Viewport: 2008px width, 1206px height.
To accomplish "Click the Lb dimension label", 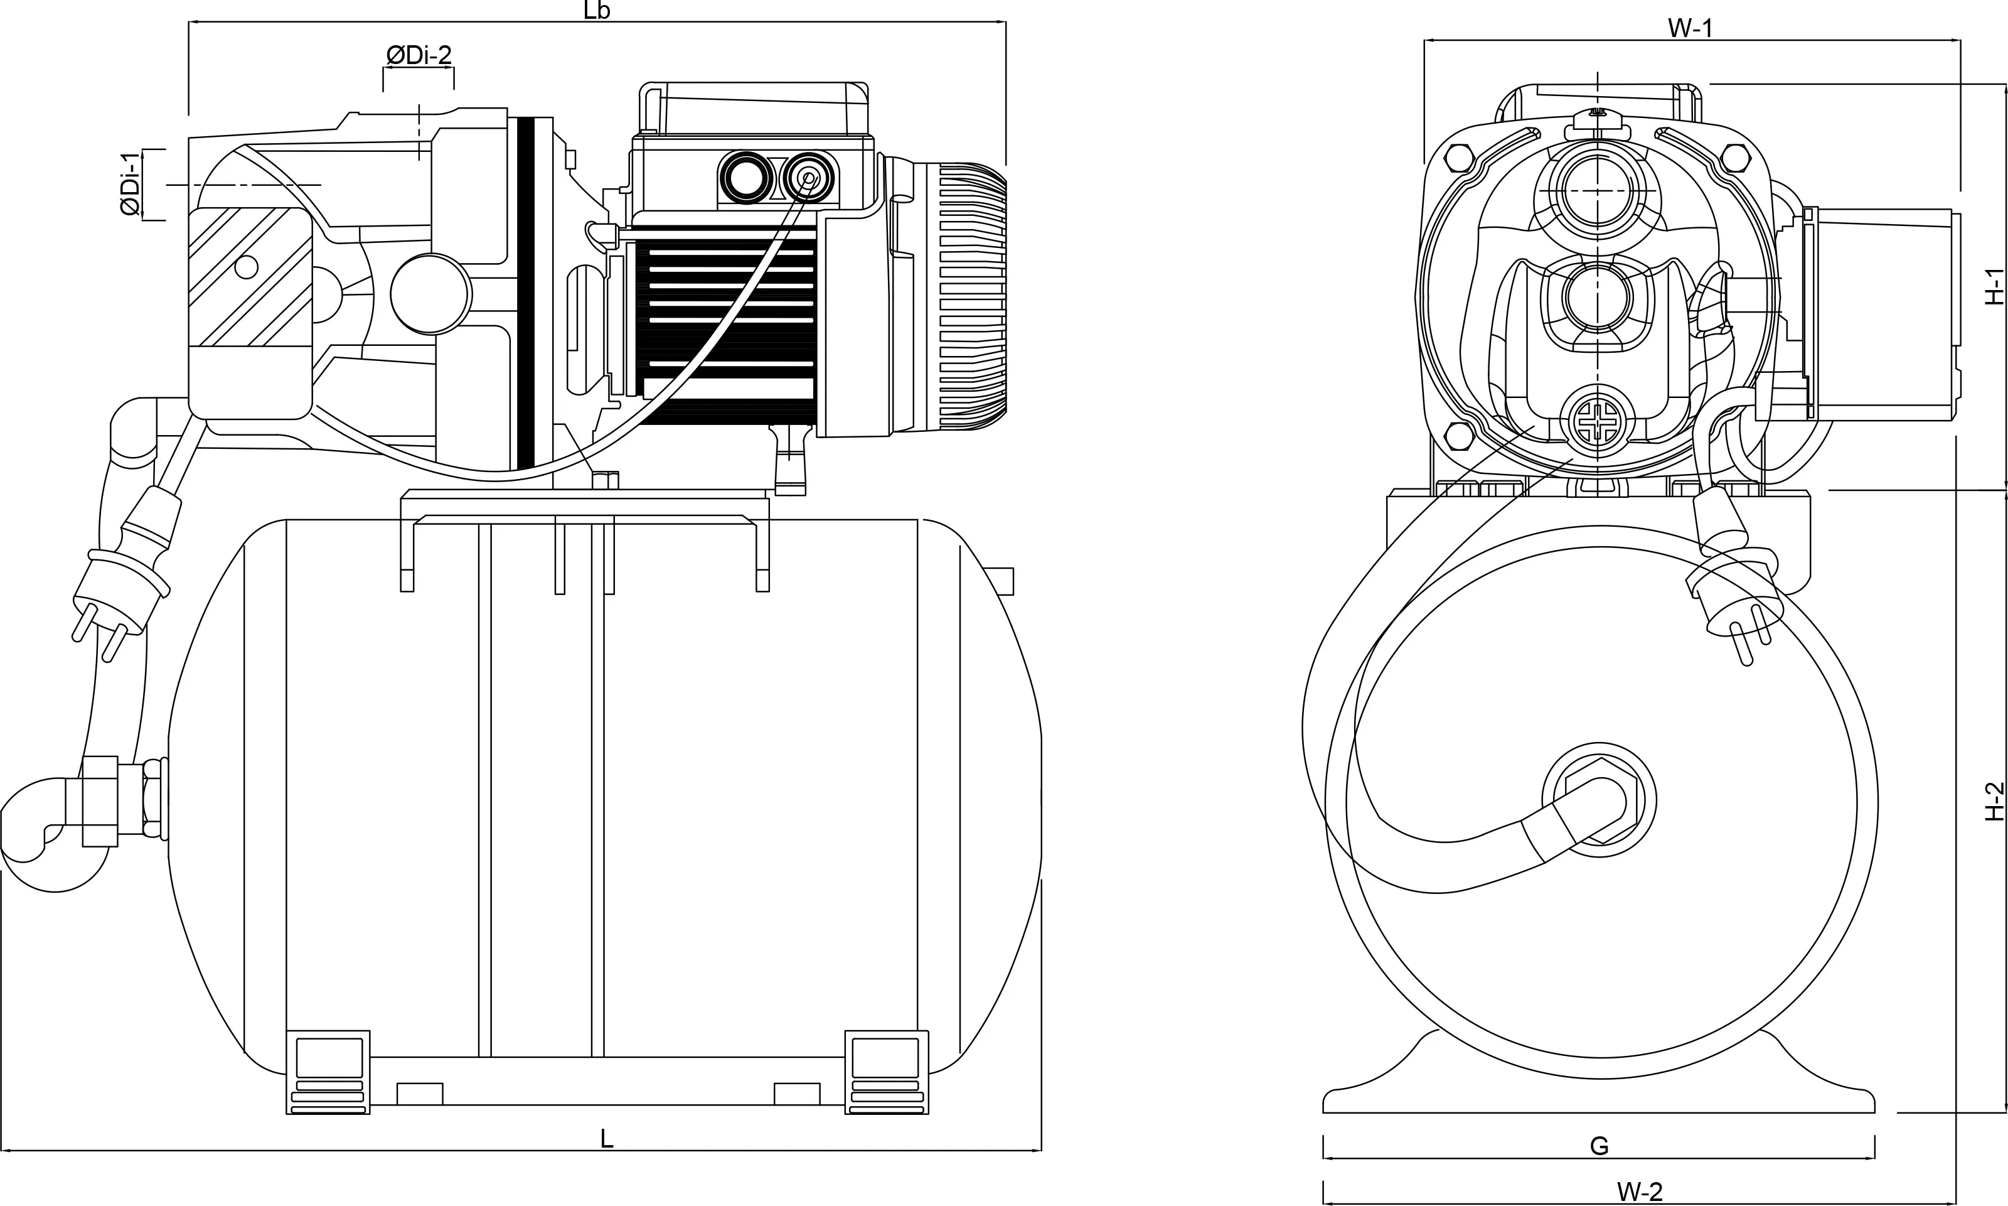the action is [596, 10].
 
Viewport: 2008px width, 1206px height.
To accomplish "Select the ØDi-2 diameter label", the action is [419, 55].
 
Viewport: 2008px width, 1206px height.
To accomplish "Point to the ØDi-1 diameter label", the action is [131, 185].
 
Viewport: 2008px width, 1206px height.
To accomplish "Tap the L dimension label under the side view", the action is [606, 1139].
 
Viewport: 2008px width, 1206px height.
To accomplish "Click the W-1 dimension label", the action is [1690, 28].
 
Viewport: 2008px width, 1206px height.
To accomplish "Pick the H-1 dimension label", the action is [1995, 286].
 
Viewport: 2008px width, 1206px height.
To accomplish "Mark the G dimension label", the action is [1599, 1146].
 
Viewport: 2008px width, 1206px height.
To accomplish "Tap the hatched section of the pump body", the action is [250, 276].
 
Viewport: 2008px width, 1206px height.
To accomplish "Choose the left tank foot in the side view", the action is [329, 1072].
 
